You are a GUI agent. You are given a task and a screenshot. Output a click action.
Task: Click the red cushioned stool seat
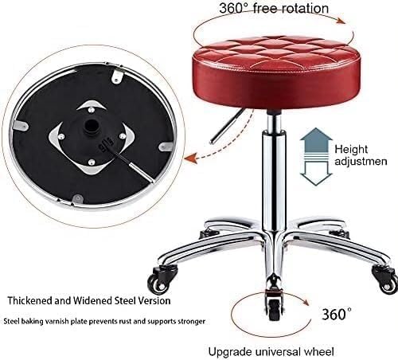276,72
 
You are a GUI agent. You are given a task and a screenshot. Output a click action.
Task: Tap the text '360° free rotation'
274,8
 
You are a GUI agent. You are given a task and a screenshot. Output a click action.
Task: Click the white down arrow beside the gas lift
316,173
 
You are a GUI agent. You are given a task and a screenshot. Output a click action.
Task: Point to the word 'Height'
351,150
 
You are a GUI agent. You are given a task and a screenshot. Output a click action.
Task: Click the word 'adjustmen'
361,161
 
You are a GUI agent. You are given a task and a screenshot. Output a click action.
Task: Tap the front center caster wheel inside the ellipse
274,305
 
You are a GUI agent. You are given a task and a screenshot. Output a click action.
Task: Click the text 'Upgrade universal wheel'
271,352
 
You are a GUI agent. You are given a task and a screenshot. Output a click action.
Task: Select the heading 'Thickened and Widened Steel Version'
89,301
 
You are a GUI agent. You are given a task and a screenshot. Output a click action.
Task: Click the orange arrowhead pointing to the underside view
192,158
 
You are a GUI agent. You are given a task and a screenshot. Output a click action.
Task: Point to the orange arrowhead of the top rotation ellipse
341,21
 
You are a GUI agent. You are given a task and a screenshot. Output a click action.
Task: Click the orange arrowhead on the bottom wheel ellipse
305,302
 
